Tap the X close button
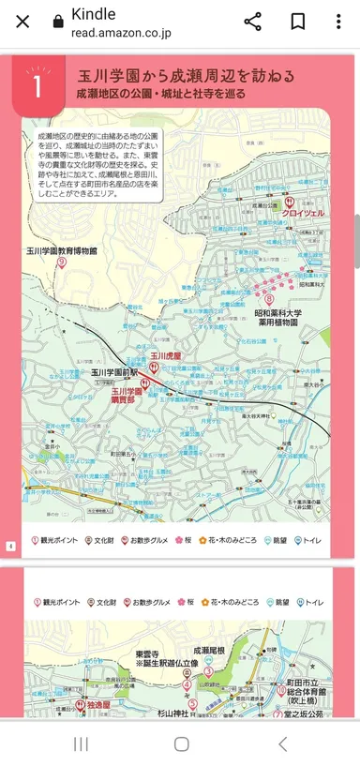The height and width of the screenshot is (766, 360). point(23,22)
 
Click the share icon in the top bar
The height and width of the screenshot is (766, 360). point(252,22)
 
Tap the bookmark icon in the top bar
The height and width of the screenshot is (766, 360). point(297,22)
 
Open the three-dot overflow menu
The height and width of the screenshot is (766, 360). point(338,22)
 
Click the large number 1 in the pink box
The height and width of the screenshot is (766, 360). point(37,86)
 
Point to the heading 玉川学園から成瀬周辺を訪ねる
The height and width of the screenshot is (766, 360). point(186,76)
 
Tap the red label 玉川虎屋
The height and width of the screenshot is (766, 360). point(166,356)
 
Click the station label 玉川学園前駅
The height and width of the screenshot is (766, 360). point(113,372)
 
